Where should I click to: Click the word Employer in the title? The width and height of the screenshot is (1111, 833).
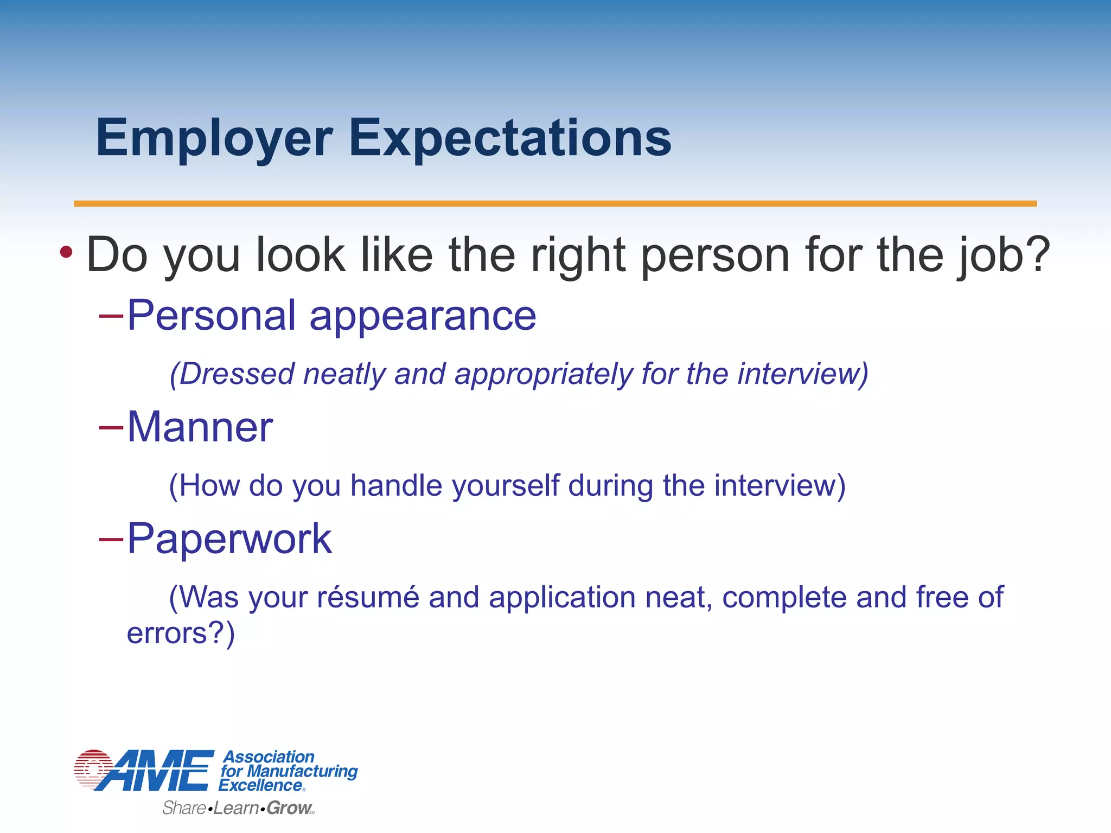[x=214, y=139]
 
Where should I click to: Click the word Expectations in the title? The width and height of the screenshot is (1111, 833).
[x=510, y=139]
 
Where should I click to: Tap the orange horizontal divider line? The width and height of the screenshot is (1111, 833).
[x=555, y=203]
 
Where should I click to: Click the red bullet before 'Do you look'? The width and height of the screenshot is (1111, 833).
[x=66, y=252]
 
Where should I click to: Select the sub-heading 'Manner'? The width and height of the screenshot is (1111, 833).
[x=200, y=427]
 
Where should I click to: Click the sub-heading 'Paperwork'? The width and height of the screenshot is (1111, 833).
[x=229, y=539]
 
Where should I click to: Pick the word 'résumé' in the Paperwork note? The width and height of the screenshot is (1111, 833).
[x=368, y=597]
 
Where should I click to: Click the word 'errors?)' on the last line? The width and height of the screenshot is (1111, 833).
[x=181, y=633]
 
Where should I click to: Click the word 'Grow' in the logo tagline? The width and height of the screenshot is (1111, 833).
[x=289, y=808]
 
